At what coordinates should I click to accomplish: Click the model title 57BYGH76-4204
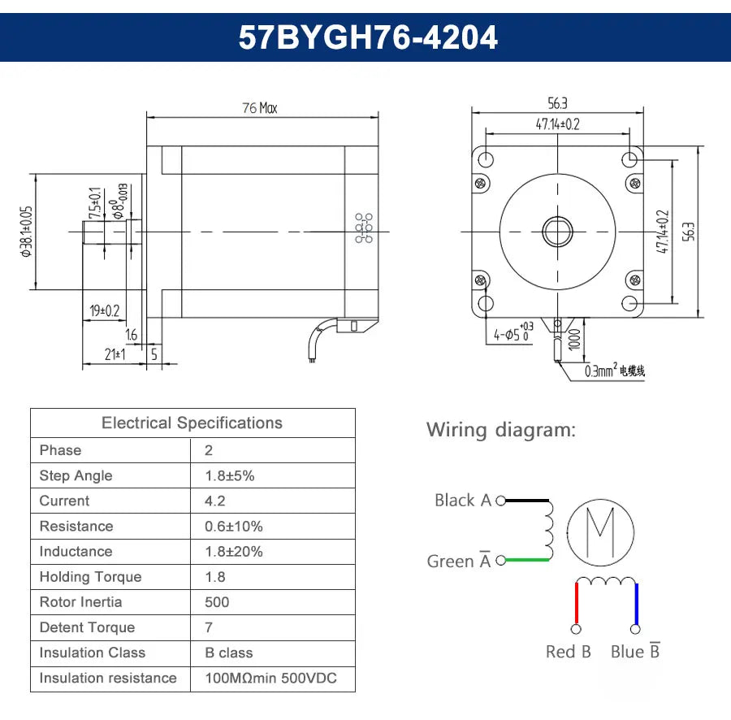click(x=367, y=37)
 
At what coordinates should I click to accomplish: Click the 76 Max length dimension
click(x=259, y=108)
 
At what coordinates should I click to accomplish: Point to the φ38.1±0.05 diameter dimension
click(x=26, y=232)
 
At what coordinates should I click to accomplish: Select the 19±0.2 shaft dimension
click(x=104, y=310)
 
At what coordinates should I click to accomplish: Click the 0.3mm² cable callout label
click(x=614, y=371)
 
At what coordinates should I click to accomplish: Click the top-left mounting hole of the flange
click(x=486, y=158)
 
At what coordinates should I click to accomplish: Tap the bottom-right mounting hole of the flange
click(x=630, y=304)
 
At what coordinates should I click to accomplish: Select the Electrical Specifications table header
click(x=192, y=423)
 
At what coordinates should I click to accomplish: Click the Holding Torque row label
click(x=90, y=577)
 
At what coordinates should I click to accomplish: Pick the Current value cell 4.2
click(x=215, y=501)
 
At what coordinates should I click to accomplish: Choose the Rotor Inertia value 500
click(x=217, y=602)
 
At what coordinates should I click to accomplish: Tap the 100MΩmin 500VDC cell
click(x=270, y=678)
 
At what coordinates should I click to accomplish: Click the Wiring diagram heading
click(x=501, y=430)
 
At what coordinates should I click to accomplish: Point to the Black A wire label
click(x=462, y=501)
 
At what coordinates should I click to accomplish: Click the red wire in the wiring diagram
click(x=577, y=603)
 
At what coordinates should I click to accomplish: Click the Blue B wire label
click(x=635, y=652)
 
